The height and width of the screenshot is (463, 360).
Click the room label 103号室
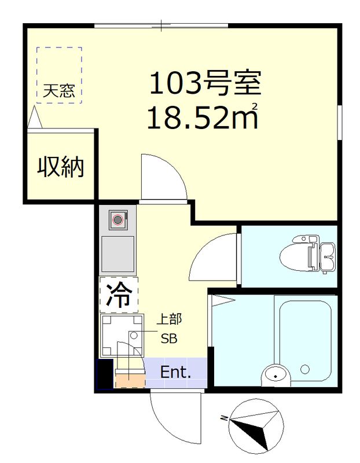[x=205, y=84]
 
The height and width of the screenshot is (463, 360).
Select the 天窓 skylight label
[x=58, y=91]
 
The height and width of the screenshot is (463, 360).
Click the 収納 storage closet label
[x=61, y=167]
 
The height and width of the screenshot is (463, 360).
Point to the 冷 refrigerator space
[x=119, y=296]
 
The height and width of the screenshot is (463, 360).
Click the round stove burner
[x=118, y=219]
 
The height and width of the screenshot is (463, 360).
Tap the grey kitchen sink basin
[x=118, y=254]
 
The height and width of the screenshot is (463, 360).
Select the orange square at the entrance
[x=129, y=380]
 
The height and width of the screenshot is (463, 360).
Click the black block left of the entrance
[x=105, y=374]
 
